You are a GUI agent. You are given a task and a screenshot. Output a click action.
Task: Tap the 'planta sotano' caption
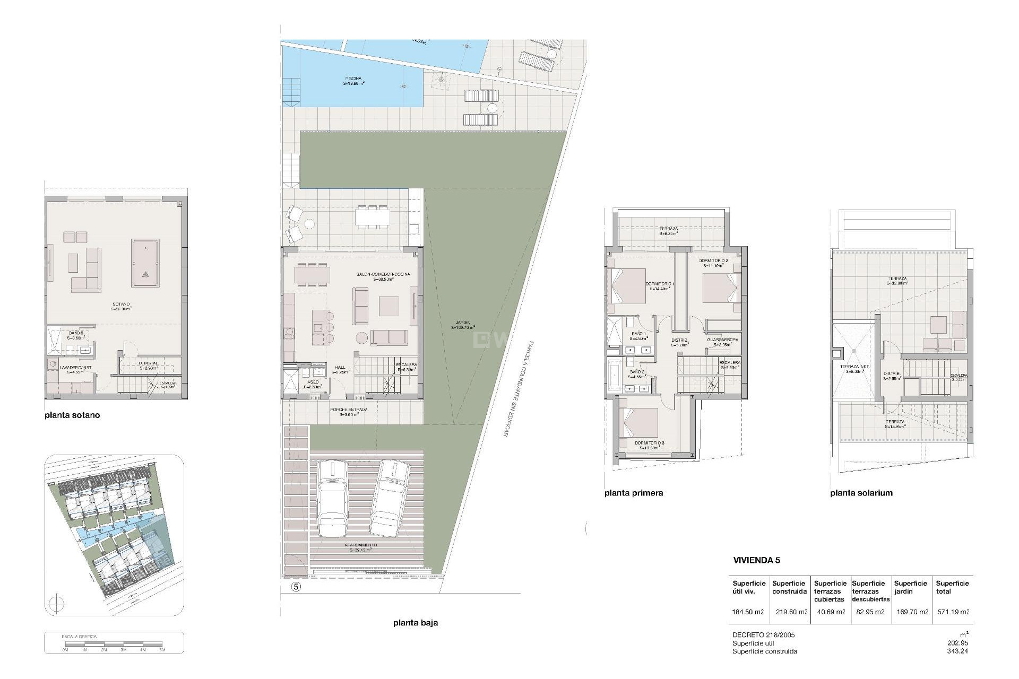point(72,415)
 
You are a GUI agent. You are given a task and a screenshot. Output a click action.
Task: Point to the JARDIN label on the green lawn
point(462,325)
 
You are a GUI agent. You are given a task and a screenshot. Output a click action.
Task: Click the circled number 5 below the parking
point(296,587)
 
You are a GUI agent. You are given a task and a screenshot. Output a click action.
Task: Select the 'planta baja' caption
point(416,623)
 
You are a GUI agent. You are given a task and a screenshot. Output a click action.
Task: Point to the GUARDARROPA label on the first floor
point(722,340)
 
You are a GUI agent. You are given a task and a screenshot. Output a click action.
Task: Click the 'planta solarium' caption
point(861,493)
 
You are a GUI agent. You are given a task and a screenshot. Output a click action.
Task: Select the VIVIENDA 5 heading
point(756,560)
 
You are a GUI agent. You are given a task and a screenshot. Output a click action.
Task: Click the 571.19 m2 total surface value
point(952,612)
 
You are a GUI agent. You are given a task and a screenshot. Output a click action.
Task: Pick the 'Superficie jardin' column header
point(910,587)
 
